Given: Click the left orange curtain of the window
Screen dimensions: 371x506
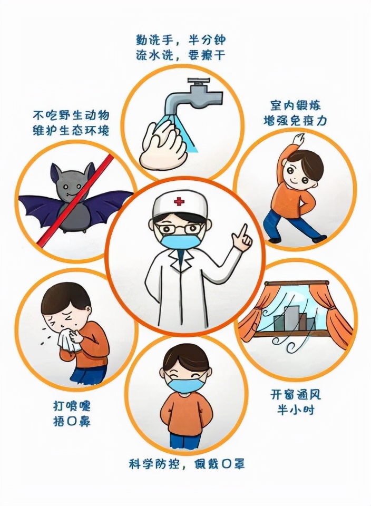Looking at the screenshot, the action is point(253,319).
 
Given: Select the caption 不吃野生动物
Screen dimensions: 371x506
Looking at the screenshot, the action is point(71,115).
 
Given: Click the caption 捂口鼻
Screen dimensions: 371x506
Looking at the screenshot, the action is point(72,421).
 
